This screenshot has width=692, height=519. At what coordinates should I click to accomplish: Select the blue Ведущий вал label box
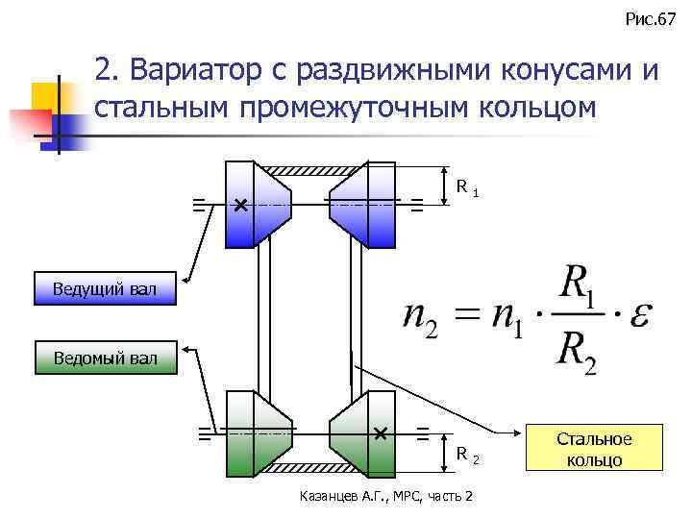pos(106,288)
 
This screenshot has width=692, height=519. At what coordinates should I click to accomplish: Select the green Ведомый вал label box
pos(106,359)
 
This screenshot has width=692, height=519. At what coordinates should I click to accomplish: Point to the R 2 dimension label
pos(466,453)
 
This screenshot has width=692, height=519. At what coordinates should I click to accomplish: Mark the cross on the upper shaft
pos(239,206)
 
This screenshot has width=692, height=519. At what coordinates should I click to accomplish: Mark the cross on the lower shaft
pos(381,433)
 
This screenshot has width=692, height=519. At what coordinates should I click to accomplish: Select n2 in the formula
pos(419,319)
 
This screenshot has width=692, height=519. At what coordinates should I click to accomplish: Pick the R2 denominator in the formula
pos(576,356)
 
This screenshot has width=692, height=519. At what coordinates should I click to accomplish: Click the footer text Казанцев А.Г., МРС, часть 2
pos(387,495)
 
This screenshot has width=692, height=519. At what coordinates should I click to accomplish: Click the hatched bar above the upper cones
pos(309,170)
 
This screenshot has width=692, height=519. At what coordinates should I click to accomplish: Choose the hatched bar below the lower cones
pos(309,468)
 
